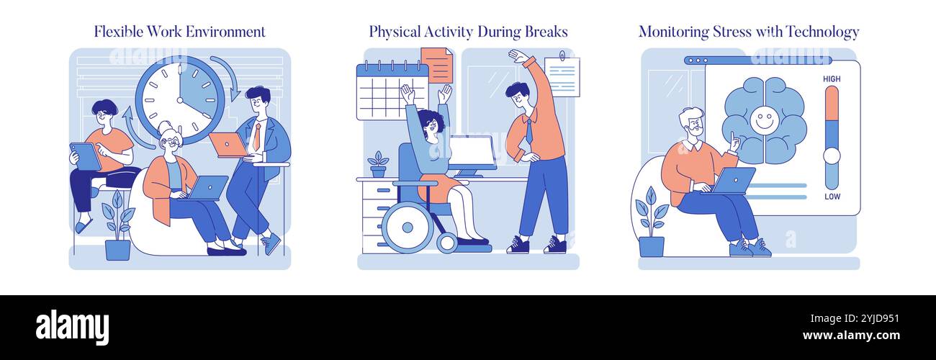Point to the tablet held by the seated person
85,156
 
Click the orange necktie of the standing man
257,137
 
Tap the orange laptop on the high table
228,144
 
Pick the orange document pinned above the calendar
436,65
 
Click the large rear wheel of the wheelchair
407,227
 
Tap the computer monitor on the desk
472,153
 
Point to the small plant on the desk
378,164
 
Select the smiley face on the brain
763,120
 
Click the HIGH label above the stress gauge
832,79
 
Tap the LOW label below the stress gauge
832,197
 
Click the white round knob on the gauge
832,156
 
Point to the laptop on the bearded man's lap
732,180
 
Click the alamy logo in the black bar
72,326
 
